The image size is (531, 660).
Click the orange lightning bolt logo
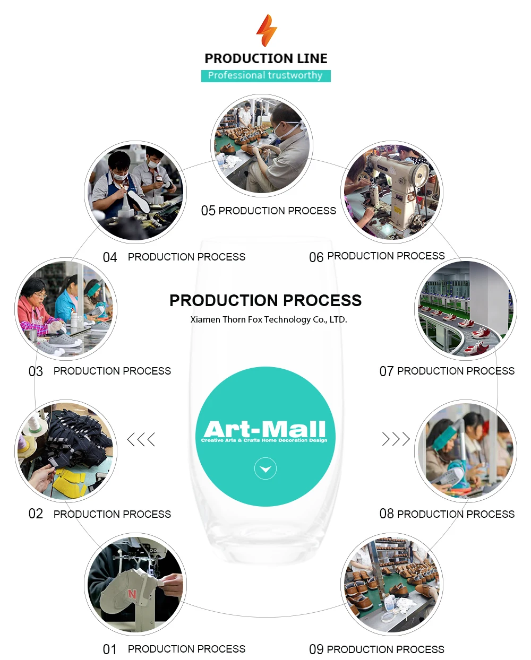coord(267,30)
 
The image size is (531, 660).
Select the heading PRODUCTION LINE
coord(266,58)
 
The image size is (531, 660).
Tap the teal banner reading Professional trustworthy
coord(265,76)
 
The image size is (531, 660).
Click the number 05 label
coord(208,211)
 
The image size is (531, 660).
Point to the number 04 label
coord(110,257)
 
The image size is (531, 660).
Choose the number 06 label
coord(316,257)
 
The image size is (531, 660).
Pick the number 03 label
coord(36,371)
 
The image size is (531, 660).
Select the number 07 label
coord(386,371)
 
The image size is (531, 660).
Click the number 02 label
coord(36,514)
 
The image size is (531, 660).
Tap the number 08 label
coord(386,514)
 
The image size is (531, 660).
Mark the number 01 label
coord(110,649)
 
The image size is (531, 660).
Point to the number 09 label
coord(316,649)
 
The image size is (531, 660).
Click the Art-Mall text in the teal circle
coord(264,429)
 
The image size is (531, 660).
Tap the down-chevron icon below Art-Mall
coord(265,469)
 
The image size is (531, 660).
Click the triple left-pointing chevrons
coord(141,439)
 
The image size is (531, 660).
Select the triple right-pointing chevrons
coord(396,439)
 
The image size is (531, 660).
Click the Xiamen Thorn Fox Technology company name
coord(269,319)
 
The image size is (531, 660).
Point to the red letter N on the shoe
coord(132,594)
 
